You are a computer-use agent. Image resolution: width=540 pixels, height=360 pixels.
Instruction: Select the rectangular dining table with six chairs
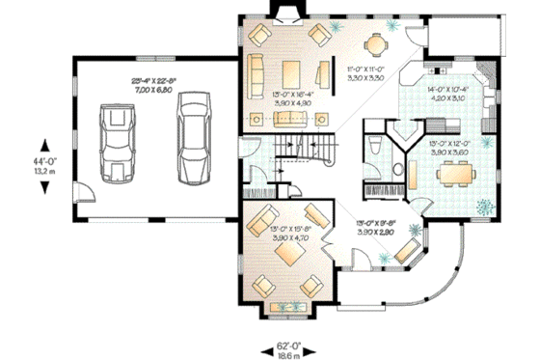(452, 175)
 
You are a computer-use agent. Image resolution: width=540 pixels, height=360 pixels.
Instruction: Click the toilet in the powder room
(375, 147)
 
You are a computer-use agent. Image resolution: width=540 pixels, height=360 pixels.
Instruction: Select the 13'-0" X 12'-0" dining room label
(449, 148)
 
